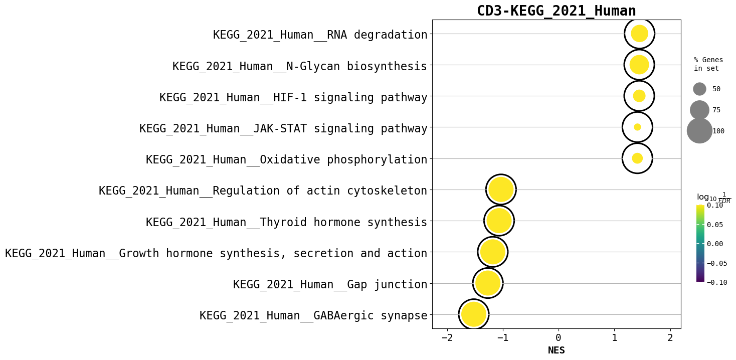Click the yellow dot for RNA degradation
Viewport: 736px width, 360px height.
tap(639, 34)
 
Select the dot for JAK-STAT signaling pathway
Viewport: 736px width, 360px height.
tap(637, 127)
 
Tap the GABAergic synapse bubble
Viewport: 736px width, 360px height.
tap(474, 314)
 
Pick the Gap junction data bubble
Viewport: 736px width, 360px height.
tap(488, 283)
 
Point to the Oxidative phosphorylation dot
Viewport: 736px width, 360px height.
tap(637, 158)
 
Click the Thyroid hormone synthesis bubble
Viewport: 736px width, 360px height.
tap(499, 221)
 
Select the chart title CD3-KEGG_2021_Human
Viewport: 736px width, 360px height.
tap(556, 11)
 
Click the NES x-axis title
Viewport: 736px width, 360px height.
tap(556, 350)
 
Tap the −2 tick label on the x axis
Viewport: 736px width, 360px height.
tap(446, 338)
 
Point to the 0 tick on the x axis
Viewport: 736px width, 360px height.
tap(558, 338)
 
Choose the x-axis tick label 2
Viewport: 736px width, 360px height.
tap(670, 338)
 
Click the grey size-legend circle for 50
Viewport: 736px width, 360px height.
tap(699, 89)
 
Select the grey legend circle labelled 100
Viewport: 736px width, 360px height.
tap(699, 131)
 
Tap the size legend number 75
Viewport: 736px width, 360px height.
tap(716, 110)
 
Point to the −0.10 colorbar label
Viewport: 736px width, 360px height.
tap(717, 282)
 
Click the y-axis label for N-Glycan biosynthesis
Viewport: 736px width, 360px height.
tap(300, 66)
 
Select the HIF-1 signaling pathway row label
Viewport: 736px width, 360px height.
tap(293, 97)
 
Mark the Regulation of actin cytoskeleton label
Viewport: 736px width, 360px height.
tap(263, 191)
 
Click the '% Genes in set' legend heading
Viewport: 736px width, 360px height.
tap(708, 64)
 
